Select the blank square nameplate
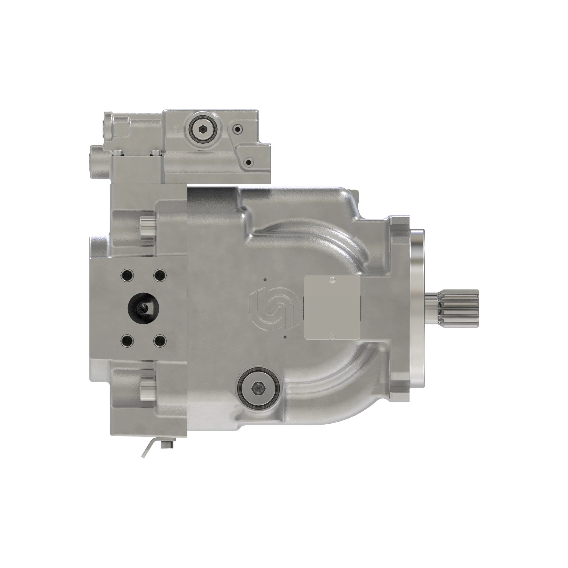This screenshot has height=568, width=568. (332, 308)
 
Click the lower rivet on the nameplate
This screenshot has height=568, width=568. (333, 335)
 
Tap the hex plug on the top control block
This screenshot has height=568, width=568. (202, 129)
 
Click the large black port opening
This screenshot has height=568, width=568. (143, 308)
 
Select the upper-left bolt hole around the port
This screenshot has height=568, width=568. (127, 275)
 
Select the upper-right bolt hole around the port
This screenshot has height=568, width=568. (160, 275)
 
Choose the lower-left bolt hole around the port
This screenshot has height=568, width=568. (127, 341)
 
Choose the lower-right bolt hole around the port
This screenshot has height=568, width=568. (160, 341)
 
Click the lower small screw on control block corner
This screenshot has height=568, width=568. (249, 162)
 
